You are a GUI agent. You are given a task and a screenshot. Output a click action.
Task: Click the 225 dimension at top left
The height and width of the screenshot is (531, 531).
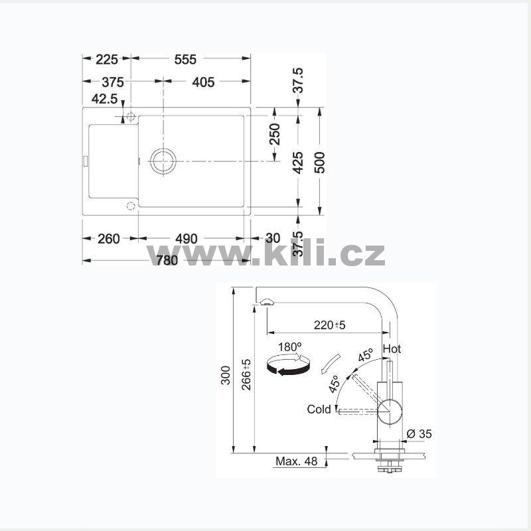pyautogui.click(x=107, y=60)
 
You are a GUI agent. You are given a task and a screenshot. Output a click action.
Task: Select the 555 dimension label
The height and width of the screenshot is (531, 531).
pyautogui.click(x=185, y=60)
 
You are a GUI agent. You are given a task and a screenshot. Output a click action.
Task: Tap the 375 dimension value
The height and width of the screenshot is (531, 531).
pyautogui.click(x=113, y=82)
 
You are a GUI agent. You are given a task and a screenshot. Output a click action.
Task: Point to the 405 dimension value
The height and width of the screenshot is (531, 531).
pyautogui.click(x=203, y=82)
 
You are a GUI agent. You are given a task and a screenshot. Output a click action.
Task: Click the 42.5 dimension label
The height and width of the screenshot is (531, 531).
pyautogui.click(x=105, y=99)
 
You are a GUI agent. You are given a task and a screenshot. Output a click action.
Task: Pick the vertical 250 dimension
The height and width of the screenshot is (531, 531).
pyautogui.click(x=275, y=134)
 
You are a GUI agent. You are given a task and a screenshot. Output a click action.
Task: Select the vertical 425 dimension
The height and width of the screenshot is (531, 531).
pyautogui.click(x=297, y=163)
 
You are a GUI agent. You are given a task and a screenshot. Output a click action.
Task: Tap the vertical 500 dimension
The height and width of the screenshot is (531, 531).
pyautogui.click(x=319, y=163)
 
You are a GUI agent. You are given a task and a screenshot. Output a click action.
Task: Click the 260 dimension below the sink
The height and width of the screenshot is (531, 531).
pyautogui.click(x=109, y=239)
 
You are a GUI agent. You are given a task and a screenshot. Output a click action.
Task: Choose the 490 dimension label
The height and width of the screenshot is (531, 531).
pyautogui.click(x=187, y=239)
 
